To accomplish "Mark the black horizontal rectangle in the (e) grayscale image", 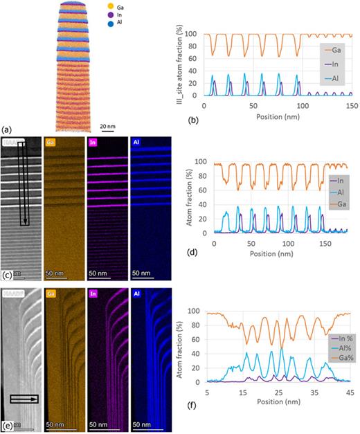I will pos(24,398).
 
